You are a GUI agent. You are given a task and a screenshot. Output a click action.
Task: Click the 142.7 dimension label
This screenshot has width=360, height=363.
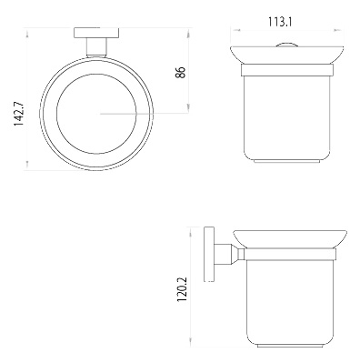[18, 114]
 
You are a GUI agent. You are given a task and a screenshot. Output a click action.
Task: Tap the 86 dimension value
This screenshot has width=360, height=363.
[181, 73]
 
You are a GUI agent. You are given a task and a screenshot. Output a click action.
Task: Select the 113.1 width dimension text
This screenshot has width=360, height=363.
[280, 22]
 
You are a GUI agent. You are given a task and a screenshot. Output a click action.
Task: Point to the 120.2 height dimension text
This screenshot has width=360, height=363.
[182, 289]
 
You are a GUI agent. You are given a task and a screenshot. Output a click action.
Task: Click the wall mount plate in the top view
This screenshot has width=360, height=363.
[96, 33]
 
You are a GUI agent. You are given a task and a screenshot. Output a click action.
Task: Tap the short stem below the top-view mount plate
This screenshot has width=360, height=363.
[96, 47]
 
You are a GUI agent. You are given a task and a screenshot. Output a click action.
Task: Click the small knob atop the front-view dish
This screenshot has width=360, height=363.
[287, 45]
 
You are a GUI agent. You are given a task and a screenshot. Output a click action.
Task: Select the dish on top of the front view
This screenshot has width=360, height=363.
[287, 55]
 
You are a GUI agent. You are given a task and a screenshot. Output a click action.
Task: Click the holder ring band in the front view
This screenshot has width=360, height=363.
[287, 70]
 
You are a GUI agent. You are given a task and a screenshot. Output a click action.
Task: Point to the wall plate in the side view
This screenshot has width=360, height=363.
[209, 254]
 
